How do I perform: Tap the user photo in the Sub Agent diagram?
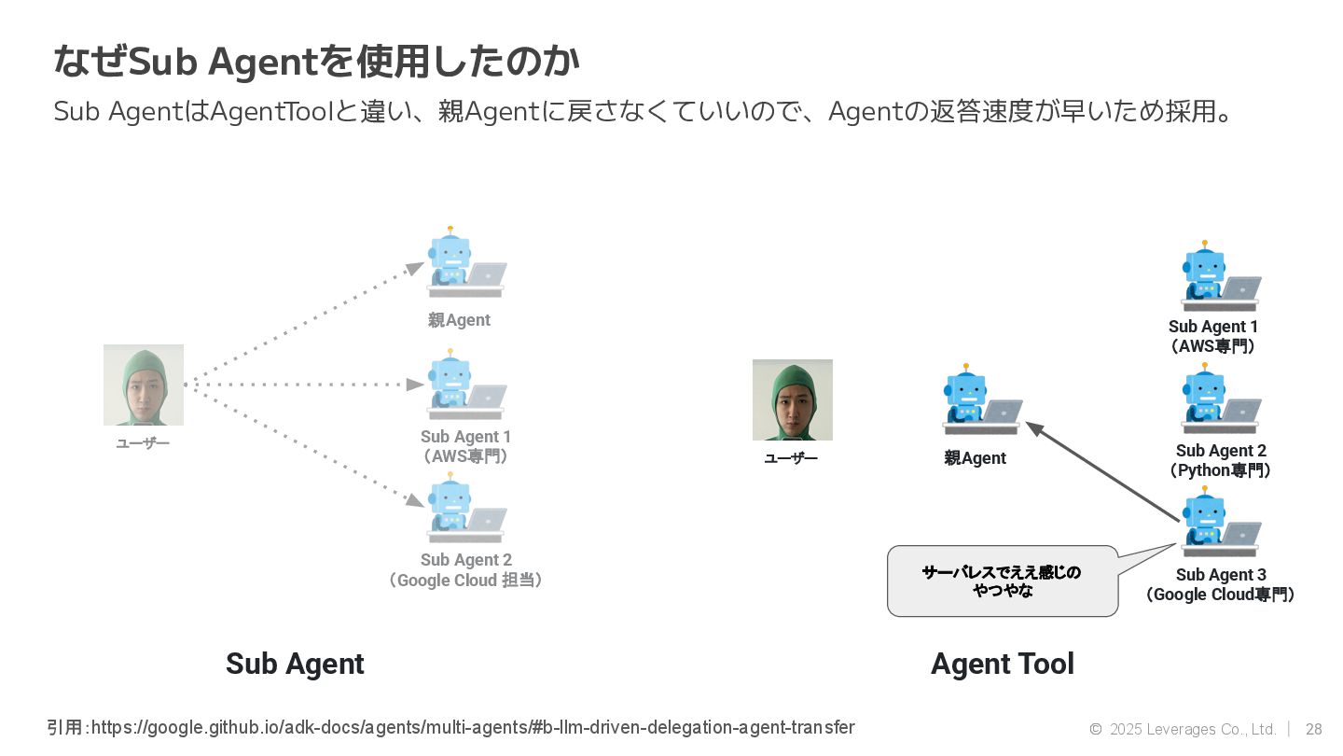144,385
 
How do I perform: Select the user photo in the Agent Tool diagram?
793,399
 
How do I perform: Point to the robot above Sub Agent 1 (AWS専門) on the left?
464,385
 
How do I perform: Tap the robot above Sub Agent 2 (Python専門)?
1219,399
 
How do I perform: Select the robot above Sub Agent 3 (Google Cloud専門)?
1219,524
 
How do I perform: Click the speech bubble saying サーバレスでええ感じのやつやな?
1003,581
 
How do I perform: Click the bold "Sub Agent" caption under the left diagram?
295,664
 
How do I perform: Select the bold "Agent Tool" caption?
1003,664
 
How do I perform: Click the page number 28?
1313,729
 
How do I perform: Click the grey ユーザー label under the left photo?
143,443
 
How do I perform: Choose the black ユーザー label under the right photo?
791,458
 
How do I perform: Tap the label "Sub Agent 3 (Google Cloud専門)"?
1220,585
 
